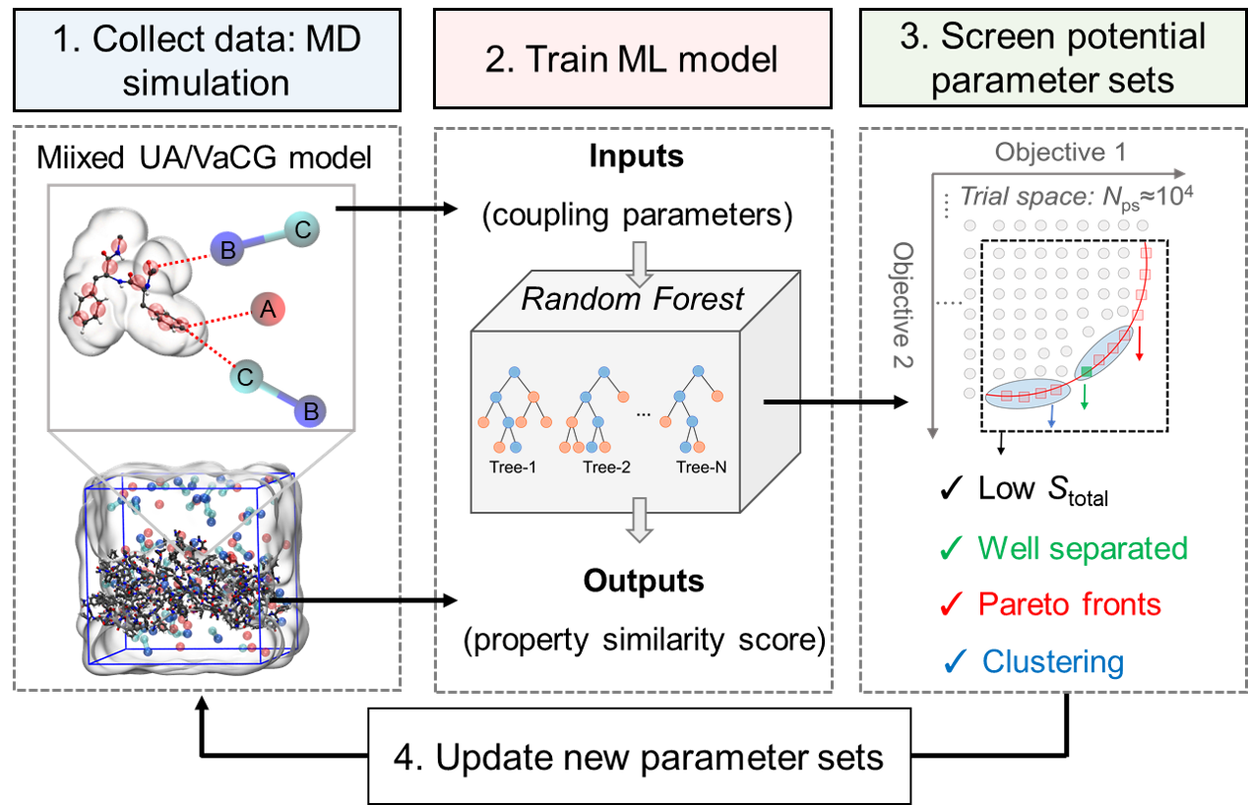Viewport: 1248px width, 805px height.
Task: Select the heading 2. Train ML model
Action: tap(632, 59)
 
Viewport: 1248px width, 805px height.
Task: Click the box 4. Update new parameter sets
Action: tap(640, 758)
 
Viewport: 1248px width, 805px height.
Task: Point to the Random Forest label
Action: tap(632, 298)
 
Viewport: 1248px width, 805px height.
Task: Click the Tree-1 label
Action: tap(512, 467)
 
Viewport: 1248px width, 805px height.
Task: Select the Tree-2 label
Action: tap(605, 467)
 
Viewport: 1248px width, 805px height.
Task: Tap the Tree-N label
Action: tap(701, 467)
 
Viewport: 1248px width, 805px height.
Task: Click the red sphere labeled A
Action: tap(267, 310)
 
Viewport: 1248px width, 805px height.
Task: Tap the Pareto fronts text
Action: tap(1069, 603)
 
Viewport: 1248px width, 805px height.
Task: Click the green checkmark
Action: tap(951, 547)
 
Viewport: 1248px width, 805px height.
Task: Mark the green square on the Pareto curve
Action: tap(1086, 371)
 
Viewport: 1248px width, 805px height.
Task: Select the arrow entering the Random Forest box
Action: tap(641, 263)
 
